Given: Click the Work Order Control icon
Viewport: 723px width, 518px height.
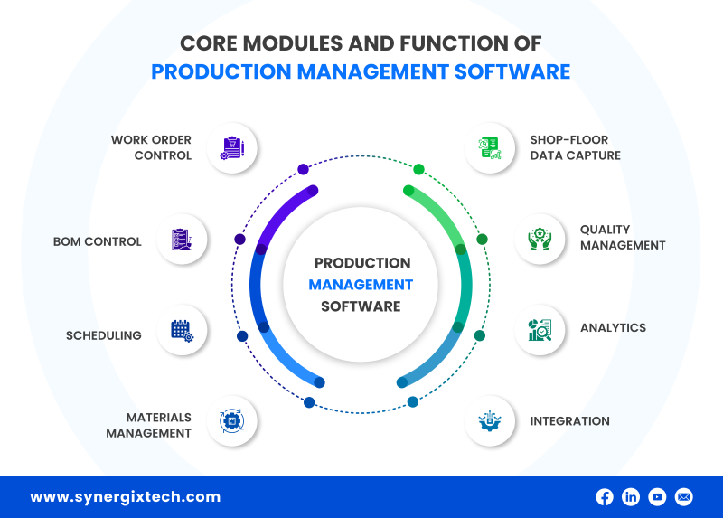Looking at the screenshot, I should pyautogui.click(x=232, y=147).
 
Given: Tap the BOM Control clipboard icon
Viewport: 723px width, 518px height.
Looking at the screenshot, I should pyautogui.click(x=182, y=240).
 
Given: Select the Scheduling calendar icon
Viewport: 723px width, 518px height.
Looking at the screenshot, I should pyautogui.click(x=182, y=330).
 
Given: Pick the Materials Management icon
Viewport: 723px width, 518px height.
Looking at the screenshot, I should pyautogui.click(x=232, y=420).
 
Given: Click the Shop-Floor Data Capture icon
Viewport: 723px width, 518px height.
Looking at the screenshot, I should pyautogui.click(x=490, y=147).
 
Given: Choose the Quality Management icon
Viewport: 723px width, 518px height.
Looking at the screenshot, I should pyautogui.click(x=540, y=239).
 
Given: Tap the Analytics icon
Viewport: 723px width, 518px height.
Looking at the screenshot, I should pyautogui.click(x=540, y=330).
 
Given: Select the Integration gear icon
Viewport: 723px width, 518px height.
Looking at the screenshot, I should pyautogui.click(x=490, y=420).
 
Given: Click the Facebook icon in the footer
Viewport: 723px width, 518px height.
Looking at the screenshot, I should pyautogui.click(x=604, y=496).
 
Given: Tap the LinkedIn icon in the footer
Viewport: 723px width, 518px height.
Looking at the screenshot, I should pyautogui.click(x=631, y=496).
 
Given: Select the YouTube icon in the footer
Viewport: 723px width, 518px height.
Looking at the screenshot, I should pyautogui.click(x=657, y=496).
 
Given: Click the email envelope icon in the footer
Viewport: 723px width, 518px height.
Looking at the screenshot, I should pyautogui.click(x=684, y=496).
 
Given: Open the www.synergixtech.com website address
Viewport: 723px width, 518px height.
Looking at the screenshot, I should pyautogui.click(x=125, y=497).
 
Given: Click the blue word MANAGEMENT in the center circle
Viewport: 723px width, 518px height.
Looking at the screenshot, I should pyautogui.click(x=361, y=285).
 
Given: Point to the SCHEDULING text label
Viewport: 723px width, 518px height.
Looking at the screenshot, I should pyautogui.click(x=103, y=335).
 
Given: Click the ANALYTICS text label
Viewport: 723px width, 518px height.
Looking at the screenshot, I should pyautogui.click(x=613, y=328).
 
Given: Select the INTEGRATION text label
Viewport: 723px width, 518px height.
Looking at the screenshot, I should pyautogui.click(x=569, y=421).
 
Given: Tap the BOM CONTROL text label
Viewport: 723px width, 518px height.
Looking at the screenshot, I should pyautogui.click(x=97, y=241).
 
